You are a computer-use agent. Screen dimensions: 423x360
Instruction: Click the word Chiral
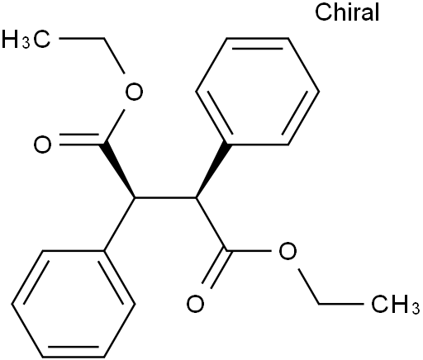(x=347, y=12)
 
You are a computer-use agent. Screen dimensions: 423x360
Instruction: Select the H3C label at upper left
(x=26, y=39)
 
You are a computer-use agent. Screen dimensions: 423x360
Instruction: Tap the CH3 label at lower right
(x=396, y=305)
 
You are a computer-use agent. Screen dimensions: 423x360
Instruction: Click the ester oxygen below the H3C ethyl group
(x=134, y=91)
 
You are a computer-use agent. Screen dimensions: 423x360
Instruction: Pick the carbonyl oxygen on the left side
(x=42, y=144)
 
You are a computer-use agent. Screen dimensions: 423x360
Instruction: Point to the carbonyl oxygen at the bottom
(x=195, y=304)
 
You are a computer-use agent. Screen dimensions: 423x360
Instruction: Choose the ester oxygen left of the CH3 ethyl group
(x=288, y=251)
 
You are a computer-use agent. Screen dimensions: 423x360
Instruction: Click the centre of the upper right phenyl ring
(x=258, y=92)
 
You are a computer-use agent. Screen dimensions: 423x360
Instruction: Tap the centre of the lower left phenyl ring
(x=74, y=304)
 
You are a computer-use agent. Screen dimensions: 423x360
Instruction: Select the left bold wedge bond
(x=119, y=171)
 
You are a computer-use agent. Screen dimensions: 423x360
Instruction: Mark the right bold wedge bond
(x=211, y=171)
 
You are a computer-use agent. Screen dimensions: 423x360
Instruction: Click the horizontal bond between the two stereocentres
(x=165, y=198)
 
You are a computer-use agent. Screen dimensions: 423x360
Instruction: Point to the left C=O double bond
(x=79, y=140)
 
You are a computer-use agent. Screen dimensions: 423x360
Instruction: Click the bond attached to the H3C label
(x=82, y=38)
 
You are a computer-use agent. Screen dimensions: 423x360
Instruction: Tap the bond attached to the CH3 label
(x=341, y=304)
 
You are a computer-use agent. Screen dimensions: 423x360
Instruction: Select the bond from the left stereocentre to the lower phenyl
(x=120, y=225)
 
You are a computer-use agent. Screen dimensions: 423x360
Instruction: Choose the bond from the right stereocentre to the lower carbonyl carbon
(x=211, y=225)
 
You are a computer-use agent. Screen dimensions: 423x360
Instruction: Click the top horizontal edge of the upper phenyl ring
(x=258, y=38)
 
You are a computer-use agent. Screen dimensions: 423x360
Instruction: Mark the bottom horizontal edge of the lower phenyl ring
(x=74, y=357)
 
